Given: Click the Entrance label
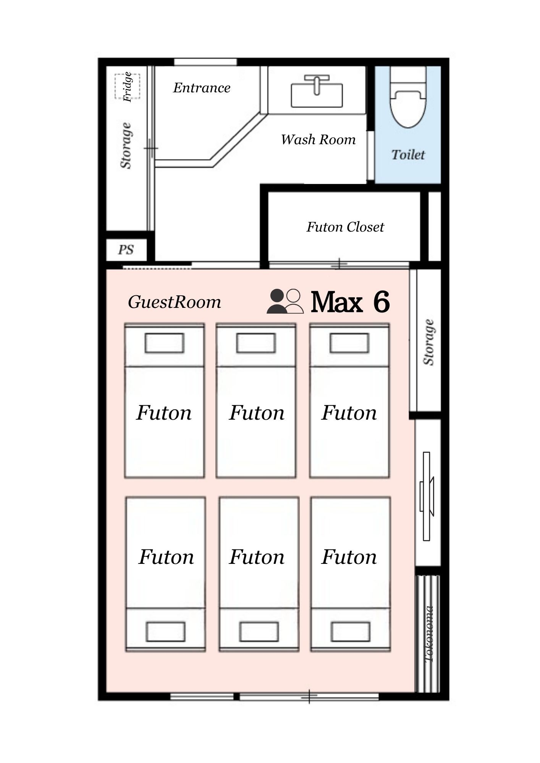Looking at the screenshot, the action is click(x=202, y=88).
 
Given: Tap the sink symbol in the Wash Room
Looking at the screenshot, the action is click(x=317, y=92).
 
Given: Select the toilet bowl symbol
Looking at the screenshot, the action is click(x=408, y=97).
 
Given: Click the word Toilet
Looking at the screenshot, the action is click(x=408, y=155).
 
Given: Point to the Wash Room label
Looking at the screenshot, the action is click(x=318, y=140).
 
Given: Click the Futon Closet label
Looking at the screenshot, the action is click(x=345, y=227).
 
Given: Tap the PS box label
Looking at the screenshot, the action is click(x=126, y=250).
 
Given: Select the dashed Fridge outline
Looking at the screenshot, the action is click(x=128, y=86).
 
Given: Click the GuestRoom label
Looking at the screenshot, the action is click(x=174, y=302).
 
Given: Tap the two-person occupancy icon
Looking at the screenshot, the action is click(x=285, y=301).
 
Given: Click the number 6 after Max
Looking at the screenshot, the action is click(x=381, y=302).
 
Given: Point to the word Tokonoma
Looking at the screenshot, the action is click(x=429, y=634).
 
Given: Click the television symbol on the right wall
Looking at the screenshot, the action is click(x=427, y=496).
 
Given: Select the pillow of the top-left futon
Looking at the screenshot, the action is click(x=164, y=343).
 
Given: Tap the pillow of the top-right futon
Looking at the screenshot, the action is click(x=349, y=343).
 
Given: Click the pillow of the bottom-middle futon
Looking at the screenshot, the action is click(x=259, y=631).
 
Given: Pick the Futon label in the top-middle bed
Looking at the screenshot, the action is click(x=257, y=413).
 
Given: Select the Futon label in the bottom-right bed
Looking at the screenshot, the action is click(x=349, y=557).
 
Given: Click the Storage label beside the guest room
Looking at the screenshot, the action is click(x=429, y=342).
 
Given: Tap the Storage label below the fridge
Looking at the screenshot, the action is click(x=126, y=145).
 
